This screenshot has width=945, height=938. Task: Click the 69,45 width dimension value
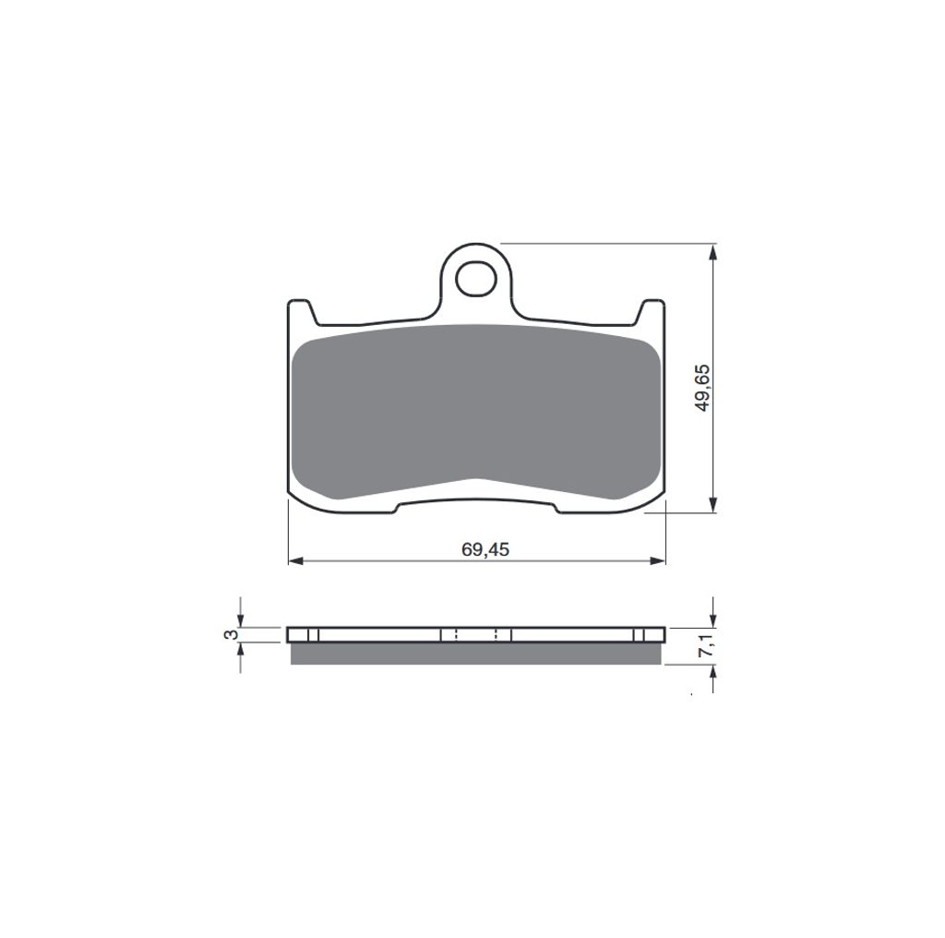(485, 549)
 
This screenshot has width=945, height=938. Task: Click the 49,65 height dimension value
(702, 389)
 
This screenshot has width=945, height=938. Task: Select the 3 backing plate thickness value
(229, 634)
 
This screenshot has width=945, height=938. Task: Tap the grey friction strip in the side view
(476, 654)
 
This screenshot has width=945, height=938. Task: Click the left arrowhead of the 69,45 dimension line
(294, 561)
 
